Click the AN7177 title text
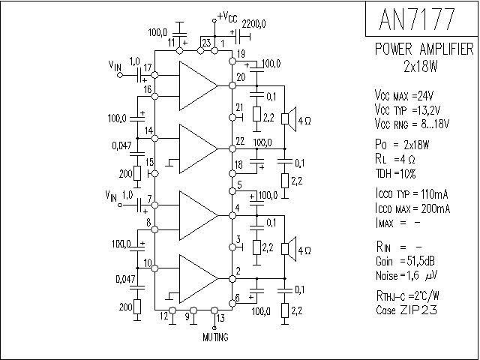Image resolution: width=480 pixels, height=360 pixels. [422, 19]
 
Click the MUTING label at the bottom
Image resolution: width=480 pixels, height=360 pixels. [217, 337]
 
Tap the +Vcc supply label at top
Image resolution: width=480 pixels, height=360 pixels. [228, 16]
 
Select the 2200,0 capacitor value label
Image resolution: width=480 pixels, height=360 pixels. [254, 25]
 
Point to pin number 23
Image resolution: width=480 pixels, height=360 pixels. [205, 43]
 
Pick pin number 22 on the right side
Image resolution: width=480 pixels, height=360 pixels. [239, 141]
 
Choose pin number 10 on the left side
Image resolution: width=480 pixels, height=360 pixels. [148, 263]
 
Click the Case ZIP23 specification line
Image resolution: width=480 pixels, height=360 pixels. [406, 309]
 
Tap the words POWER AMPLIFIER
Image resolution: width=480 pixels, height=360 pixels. [424, 49]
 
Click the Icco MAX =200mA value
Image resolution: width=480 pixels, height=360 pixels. [412, 208]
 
